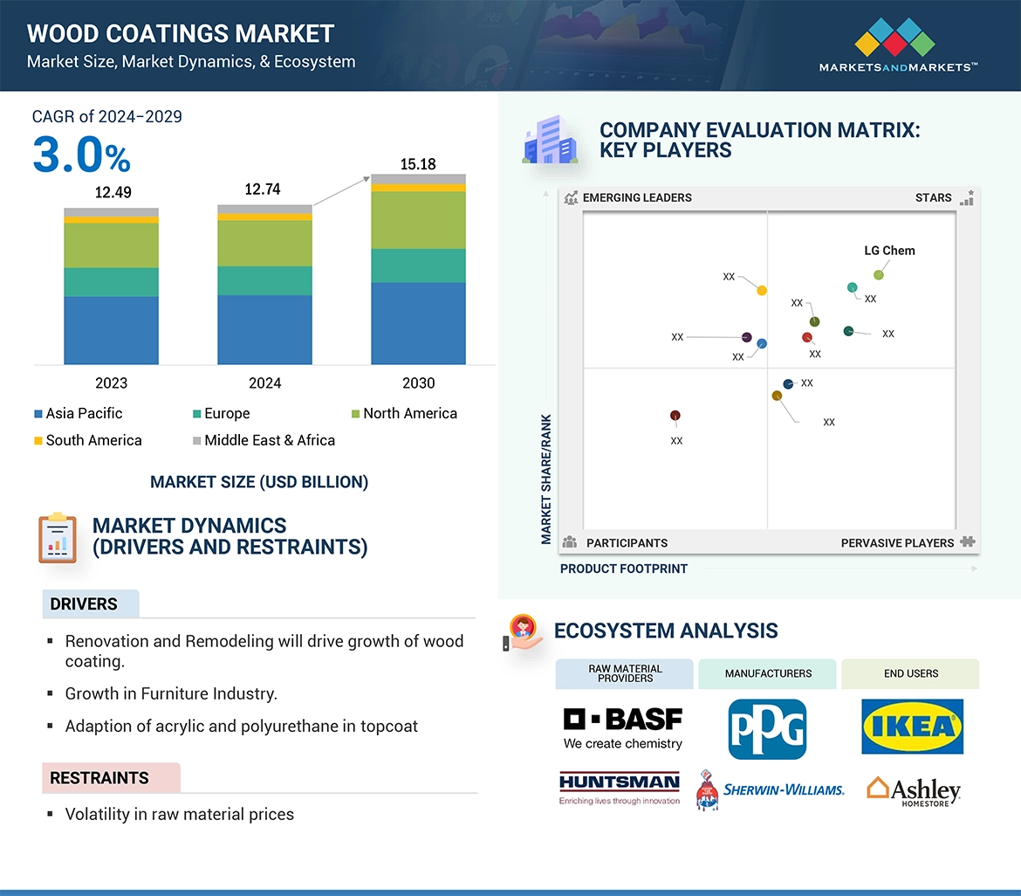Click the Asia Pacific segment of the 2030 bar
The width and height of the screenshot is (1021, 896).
tap(418, 322)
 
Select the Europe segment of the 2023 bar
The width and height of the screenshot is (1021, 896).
tap(111, 281)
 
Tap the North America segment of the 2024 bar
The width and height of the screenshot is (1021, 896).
tap(264, 243)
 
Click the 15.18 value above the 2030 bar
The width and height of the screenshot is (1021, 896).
tap(418, 164)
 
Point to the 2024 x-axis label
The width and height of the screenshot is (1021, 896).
tap(264, 383)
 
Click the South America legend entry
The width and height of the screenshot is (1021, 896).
tap(87, 440)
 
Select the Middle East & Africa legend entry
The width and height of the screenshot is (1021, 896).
tap(264, 440)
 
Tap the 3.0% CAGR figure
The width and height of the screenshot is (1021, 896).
tap(81, 155)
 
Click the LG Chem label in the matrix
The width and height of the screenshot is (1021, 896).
tap(889, 251)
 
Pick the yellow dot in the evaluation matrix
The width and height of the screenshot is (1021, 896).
tap(762, 290)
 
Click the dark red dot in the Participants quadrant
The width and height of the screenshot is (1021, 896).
tap(675, 416)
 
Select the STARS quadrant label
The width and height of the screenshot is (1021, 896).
tap(934, 197)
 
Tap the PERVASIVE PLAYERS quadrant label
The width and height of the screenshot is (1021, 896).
tap(897, 542)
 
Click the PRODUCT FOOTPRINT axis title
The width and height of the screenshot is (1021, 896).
tap(624, 569)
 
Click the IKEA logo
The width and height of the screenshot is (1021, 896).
tap(912, 727)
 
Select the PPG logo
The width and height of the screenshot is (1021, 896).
tap(767, 728)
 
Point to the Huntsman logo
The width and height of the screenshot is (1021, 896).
tap(619, 787)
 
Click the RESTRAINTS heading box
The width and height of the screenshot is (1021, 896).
tap(111, 777)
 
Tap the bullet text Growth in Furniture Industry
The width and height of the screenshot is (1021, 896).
tap(171, 693)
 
